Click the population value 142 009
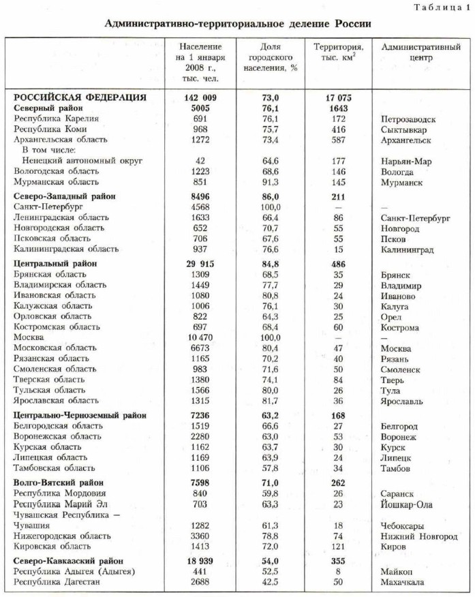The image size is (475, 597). [x=200, y=97]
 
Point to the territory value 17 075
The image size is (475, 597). [x=337, y=97]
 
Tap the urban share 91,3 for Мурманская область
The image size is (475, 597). [x=265, y=182]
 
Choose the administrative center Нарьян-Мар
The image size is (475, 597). [x=407, y=161]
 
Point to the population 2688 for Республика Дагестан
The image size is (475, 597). [x=200, y=581]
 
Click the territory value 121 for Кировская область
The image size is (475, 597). [x=337, y=547]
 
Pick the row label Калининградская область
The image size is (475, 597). [x=61, y=249]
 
